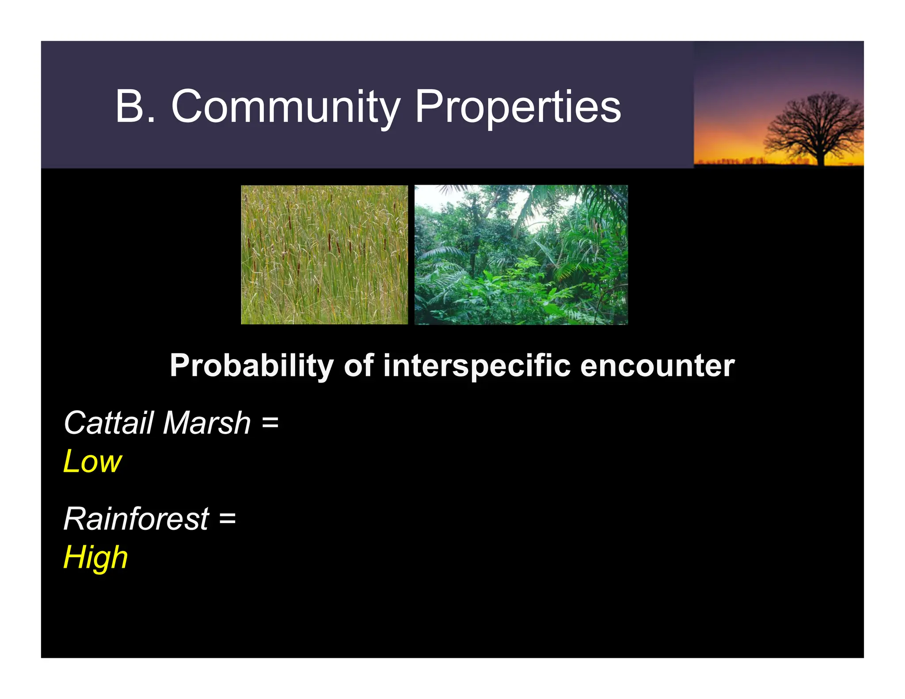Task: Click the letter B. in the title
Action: tap(135, 106)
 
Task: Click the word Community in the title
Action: tap(285, 106)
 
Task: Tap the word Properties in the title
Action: tap(518, 106)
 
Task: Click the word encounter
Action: tap(657, 366)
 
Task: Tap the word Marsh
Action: tap(207, 423)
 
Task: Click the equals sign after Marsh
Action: tap(270, 423)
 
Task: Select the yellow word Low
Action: tap(92, 462)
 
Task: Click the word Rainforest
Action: tap(136, 519)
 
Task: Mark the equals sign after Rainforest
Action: tap(227, 519)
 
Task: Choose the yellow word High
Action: tap(95, 558)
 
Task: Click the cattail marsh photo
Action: tap(324, 255)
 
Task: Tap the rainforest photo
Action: tap(521, 255)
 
